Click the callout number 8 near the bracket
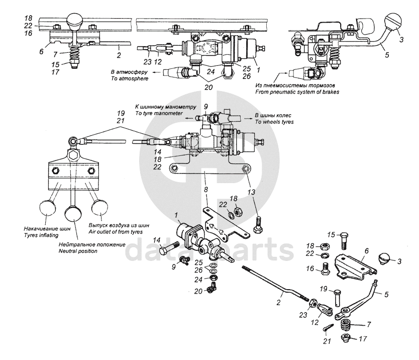pyautogui.click(x=205, y=190)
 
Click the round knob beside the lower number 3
pyautogui.click(x=385, y=258)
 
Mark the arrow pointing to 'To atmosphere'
pyautogui.click(x=157, y=72)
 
